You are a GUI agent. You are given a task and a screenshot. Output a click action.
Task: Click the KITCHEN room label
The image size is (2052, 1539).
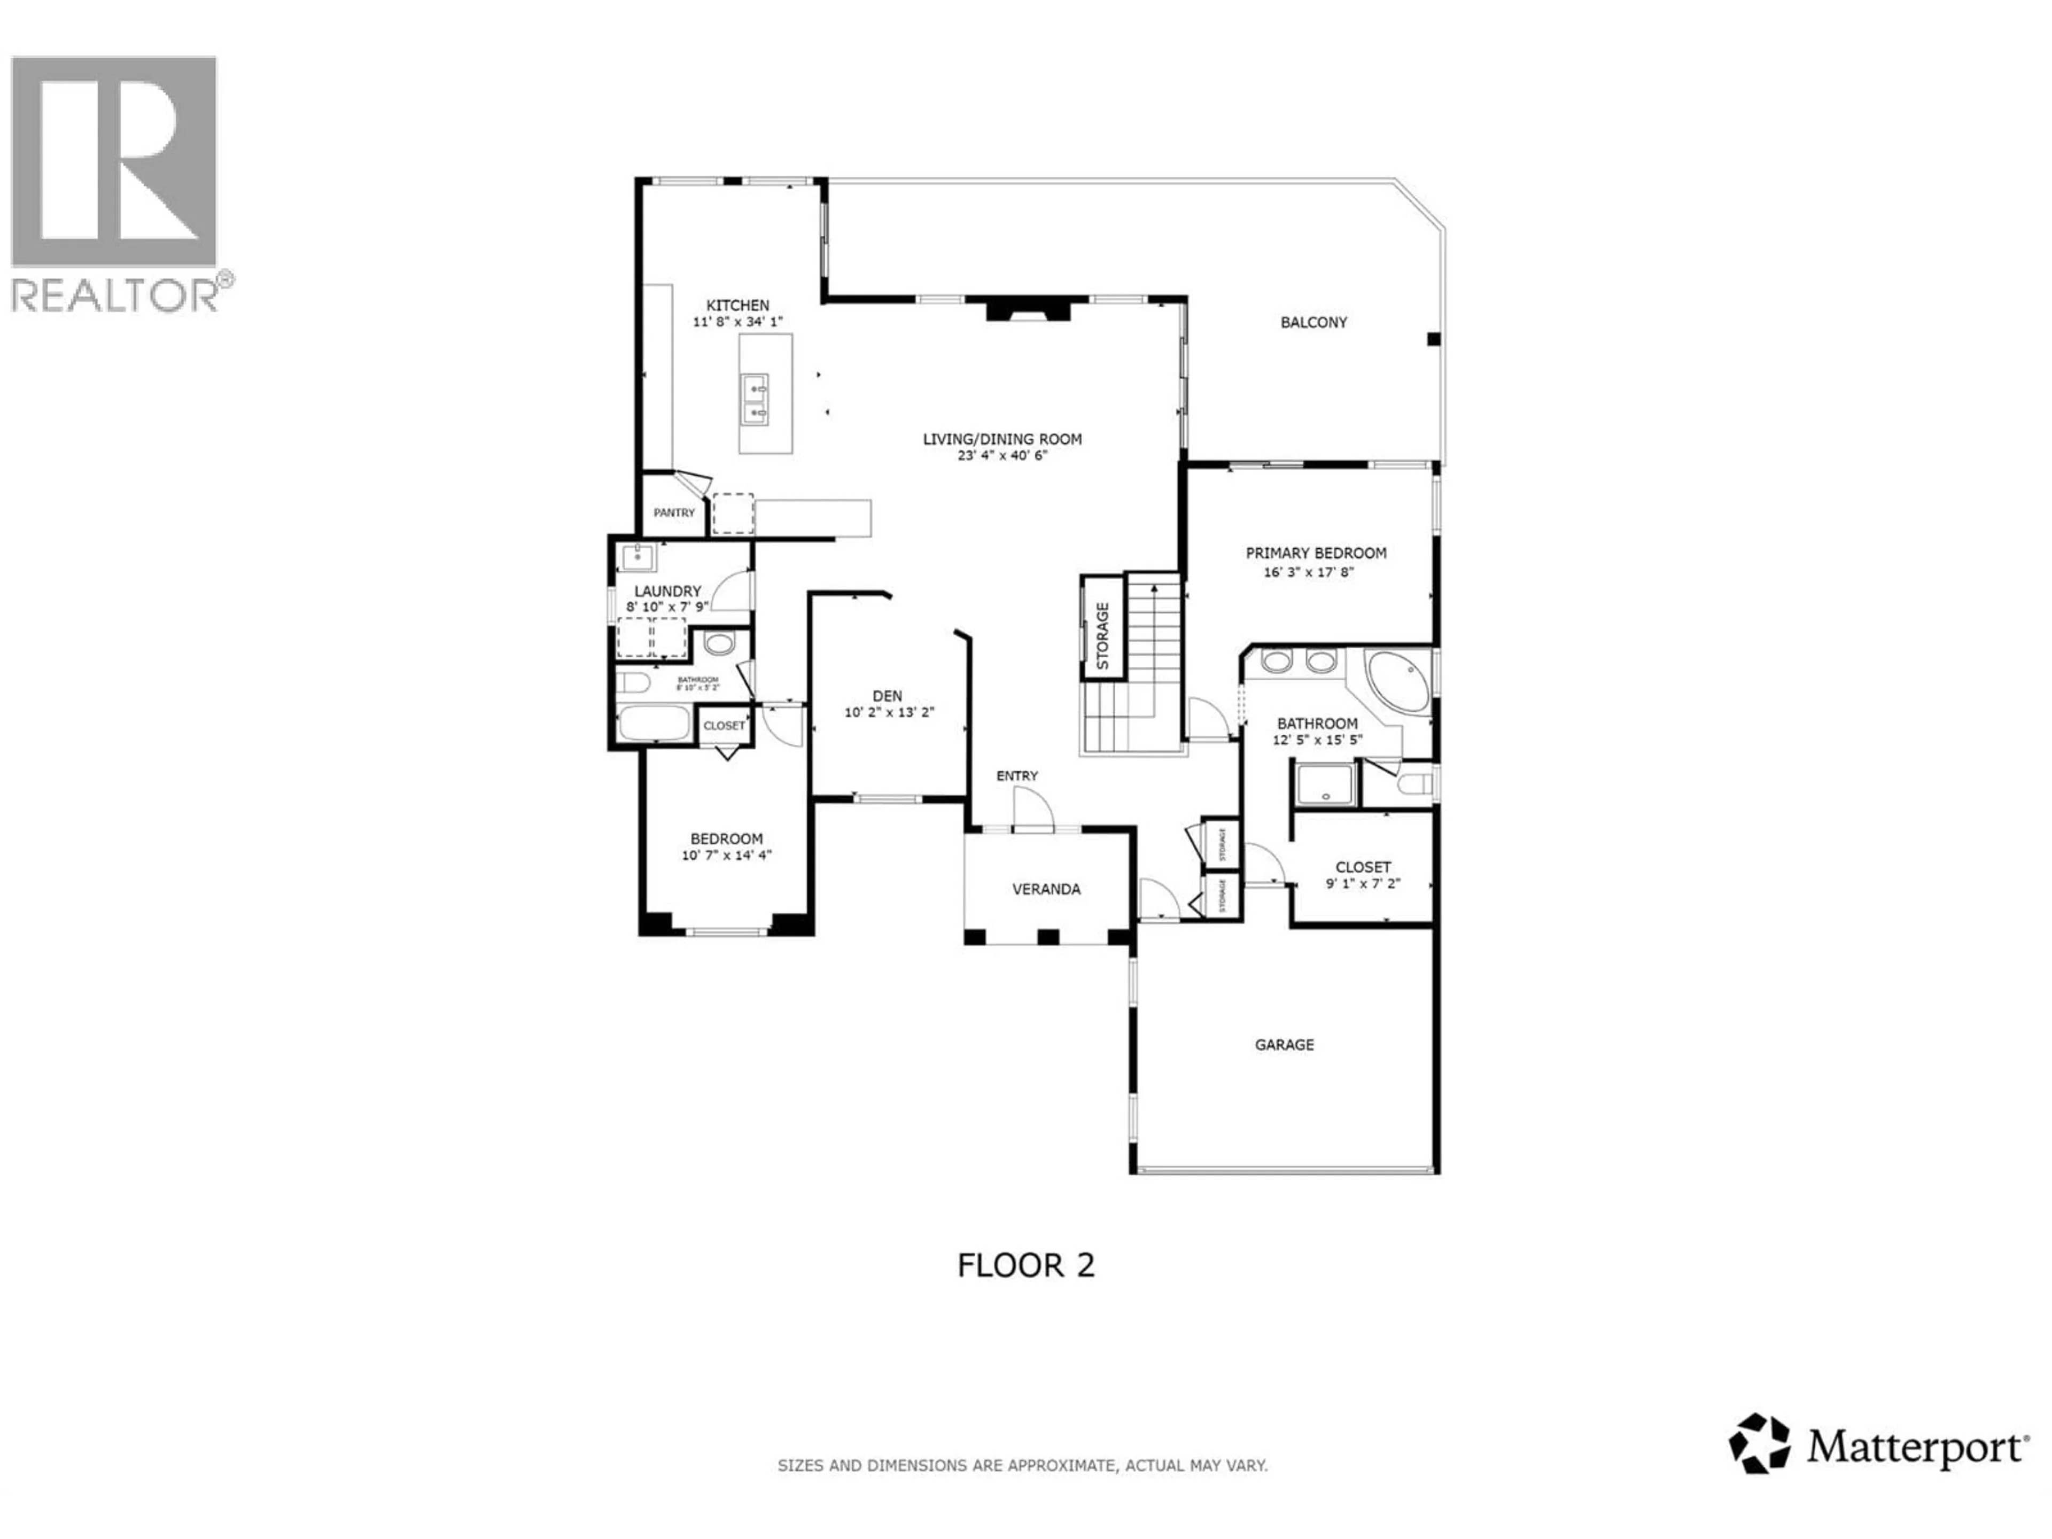click(x=737, y=305)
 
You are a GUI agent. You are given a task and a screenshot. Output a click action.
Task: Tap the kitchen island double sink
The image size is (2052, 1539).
click(x=754, y=399)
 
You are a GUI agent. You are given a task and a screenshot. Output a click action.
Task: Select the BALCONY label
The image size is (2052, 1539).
click(x=1313, y=323)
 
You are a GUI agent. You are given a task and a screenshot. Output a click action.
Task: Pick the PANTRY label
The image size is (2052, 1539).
click(x=674, y=513)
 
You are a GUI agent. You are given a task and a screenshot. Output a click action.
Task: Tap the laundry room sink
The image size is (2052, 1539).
click(x=638, y=557)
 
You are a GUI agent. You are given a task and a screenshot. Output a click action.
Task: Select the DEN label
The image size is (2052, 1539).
click(x=887, y=696)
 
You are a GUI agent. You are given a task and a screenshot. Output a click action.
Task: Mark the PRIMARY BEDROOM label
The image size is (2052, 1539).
click(x=1316, y=553)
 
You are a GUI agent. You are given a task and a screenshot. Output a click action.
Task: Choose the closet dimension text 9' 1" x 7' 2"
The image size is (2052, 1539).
click(x=1363, y=884)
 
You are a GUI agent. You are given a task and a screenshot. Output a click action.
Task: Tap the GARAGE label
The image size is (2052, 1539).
click(x=1284, y=1045)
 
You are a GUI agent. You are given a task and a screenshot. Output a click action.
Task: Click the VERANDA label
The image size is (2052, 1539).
click(x=1045, y=889)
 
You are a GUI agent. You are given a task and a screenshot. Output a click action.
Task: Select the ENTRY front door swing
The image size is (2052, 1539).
click(x=1032, y=809)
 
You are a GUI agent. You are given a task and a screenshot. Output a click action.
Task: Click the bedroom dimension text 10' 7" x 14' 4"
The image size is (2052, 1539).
click(x=726, y=856)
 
